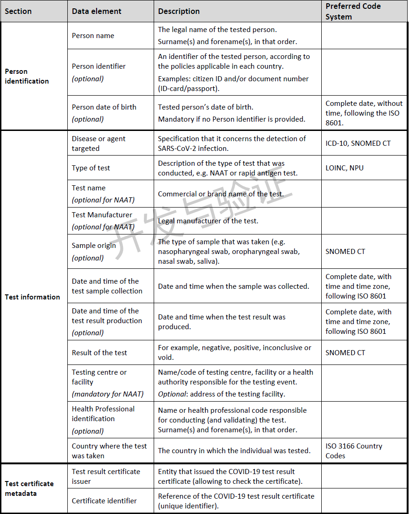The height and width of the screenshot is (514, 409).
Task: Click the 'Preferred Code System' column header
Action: [x=353, y=11]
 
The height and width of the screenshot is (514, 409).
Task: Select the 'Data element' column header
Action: [x=97, y=11]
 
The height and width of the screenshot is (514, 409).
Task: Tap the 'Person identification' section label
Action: [x=26, y=76]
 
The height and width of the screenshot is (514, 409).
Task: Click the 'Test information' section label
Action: [x=32, y=297]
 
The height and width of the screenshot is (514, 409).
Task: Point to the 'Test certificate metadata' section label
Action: [x=29, y=488]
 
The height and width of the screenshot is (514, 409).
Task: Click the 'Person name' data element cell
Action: [x=93, y=36]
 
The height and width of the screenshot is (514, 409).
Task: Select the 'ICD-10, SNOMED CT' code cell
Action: [x=358, y=143]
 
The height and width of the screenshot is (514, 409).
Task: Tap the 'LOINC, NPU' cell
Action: [x=344, y=168]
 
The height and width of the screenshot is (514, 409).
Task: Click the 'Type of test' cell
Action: [x=91, y=168]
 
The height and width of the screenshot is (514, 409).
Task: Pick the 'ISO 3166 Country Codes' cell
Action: [x=354, y=451]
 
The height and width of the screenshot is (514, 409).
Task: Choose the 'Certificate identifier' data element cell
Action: [x=104, y=501]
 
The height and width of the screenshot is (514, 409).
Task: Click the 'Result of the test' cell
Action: [x=99, y=353]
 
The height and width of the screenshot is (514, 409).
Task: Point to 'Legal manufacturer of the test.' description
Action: [x=208, y=221]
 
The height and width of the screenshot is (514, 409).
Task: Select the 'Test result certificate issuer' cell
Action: [x=106, y=476]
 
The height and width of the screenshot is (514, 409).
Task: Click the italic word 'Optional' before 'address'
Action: [x=171, y=394]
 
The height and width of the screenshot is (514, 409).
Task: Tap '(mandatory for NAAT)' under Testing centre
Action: [x=108, y=394]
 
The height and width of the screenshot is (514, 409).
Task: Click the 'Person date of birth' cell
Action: [x=104, y=107]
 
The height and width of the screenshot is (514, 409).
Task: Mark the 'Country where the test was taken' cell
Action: [x=109, y=451]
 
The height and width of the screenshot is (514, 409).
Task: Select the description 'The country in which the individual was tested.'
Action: [x=234, y=451]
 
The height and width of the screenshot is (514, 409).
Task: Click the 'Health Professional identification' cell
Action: [x=103, y=414]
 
